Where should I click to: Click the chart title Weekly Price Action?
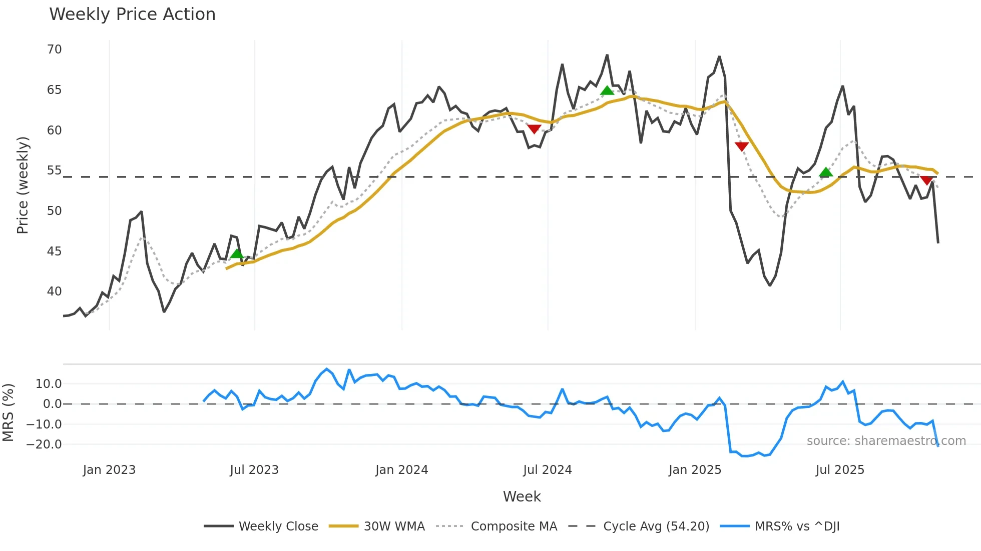click(x=132, y=14)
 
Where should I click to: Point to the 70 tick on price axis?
click(x=54, y=49)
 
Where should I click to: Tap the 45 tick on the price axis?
click(x=54, y=251)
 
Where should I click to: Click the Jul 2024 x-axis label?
click(x=547, y=470)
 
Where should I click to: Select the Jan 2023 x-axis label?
click(x=109, y=470)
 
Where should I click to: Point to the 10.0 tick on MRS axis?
click(x=49, y=384)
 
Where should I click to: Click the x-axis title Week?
click(x=522, y=496)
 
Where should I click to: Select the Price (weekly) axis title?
click(x=23, y=185)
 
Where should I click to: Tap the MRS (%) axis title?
click(x=8, y=412)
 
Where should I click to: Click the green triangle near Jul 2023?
click(x=237, y=254)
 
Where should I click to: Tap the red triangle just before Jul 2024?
click(x=534, y=129)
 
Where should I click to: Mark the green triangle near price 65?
click(x=607, y=91)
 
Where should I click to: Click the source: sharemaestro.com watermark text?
click(x=886, y=441)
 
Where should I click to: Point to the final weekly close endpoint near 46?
click(x=937, y=242)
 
